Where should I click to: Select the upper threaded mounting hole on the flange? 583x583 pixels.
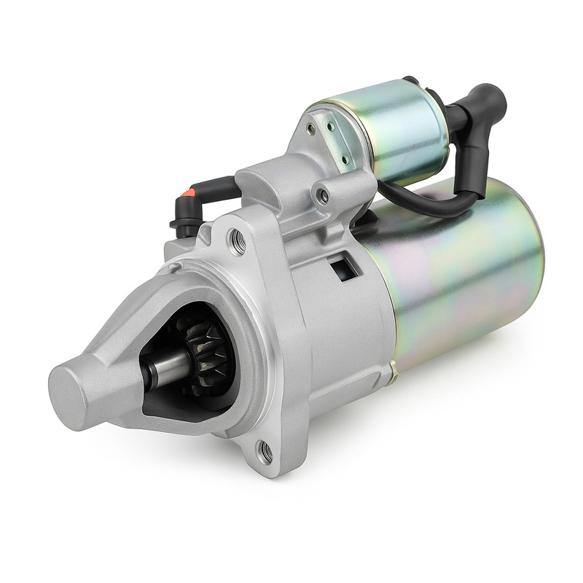tap(237, 241)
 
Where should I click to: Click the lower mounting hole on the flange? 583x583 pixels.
tap(265, 453)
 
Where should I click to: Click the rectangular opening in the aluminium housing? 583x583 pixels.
tap(344, 267)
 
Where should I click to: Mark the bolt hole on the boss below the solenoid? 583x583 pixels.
tap(321, 195)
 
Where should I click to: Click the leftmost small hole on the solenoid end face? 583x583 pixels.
tap(312, 129)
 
